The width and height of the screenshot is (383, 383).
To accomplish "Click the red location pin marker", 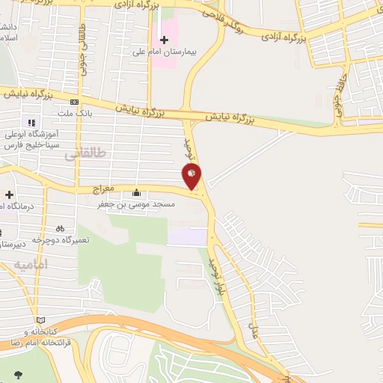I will click(x=192, y=176).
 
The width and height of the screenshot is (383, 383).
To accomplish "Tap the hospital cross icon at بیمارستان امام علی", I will click(x=165, y=39).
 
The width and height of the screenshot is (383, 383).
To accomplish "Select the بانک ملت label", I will click(x=73, y=114).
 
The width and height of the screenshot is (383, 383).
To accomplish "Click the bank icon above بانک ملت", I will click(x=74, y=102).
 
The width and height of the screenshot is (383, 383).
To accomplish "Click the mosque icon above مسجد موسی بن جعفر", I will click(x=135, y=191).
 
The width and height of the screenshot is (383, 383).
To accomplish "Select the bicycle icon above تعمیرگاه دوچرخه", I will click(x=60, y=228).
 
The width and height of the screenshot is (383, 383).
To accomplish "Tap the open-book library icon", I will click(x=40, y=320).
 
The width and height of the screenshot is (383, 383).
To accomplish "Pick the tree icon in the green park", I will click(x=18, y=374).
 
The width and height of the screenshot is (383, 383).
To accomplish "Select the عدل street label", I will click(x=253, y=329).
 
